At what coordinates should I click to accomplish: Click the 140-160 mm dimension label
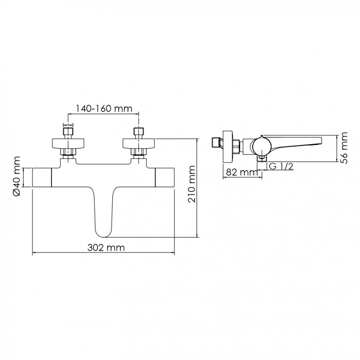pyautogui.click(x=104, y=108)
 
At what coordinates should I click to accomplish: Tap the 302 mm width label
pyautogui.click(x=106, y=247)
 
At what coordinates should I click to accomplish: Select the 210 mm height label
pyautogui.click(x=191, y=184)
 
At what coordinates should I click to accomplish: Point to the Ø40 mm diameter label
pyautogui.click(x=17, y=176)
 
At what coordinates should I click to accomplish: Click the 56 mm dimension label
pyautogui.click(x=344, y=148)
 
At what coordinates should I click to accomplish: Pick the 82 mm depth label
pyautogui.click(x=242, y=172)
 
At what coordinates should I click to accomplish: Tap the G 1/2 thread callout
pyautogui.click(x=281, y=166)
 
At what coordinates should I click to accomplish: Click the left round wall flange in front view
pyautogui.click(x=68, y=143)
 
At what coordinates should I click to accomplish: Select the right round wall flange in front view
pyautogui.click(x=139, y=143)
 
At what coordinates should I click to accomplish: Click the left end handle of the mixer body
pyautogui.click(x=42, y=177)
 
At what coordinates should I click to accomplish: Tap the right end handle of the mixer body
pyautogui.click(x=165, y=177)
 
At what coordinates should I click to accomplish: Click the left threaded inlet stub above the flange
pyautogui.click(x=68, y=132)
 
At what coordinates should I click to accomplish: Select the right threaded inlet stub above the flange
pyautogui.click(x=138, y=132)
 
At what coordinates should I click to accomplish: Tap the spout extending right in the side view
pyautogui.click(x=296, y=143)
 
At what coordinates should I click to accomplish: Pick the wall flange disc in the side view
pyautogui.click(x=228, y=147)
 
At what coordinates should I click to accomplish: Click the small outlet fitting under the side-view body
pyautogui.click(x=262, y=158)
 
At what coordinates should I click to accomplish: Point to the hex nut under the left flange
pyautogui.click(x=68, y=152)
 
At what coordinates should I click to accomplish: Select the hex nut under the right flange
pyautogui.click(x=138, y=152)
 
